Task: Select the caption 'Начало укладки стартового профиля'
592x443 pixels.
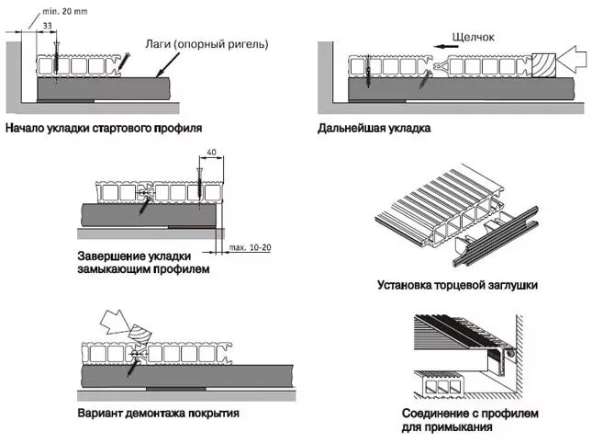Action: click(103, 128)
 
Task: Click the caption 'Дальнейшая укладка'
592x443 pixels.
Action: click(374, 128)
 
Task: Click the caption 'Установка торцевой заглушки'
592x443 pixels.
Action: click(456, 285)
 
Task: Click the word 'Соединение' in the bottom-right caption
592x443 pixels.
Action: click(436, 413)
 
